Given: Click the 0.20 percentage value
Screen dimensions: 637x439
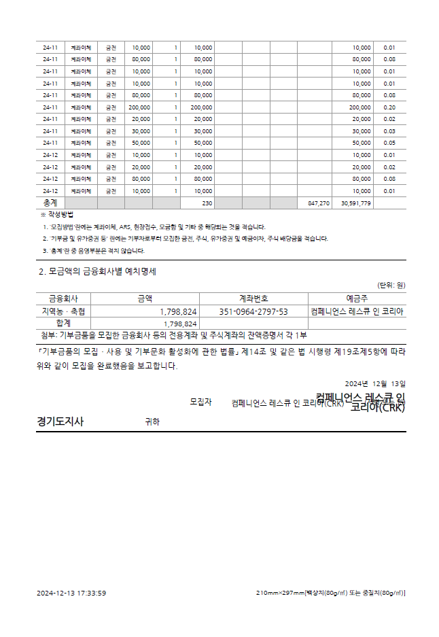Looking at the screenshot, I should tap(389, 107).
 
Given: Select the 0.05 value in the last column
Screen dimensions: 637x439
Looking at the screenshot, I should tap(389, 143).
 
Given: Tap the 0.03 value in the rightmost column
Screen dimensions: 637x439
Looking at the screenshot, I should tap(389, 131).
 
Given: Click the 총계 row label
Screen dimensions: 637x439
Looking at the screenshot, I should tap(50, 203).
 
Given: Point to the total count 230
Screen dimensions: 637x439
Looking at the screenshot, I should tap(207, 203).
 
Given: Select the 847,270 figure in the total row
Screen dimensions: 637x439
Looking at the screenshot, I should tap(318, 203).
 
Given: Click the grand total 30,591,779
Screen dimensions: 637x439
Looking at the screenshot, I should tap(356, 203).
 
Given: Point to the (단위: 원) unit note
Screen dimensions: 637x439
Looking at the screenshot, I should tap(391, 286).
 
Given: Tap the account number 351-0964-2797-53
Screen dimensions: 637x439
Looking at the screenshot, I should tap(253, 311).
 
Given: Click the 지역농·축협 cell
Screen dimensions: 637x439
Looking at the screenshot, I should tap(63, 311).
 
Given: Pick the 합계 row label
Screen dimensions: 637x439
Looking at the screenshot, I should tap(63, 324).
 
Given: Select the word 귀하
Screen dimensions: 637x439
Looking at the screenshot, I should tap(152, 421).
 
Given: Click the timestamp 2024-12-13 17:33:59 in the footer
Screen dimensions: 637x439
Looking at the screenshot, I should tap(71, 593).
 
